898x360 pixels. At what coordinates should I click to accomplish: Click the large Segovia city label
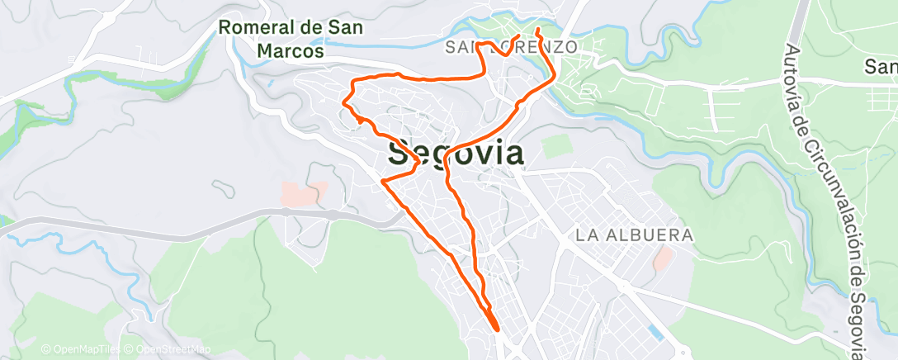click(455, 154)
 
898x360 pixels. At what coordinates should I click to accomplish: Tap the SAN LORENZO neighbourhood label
click(510, 47)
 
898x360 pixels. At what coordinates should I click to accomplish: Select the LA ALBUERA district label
click(634, 236)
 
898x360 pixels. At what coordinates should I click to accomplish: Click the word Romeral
click(258, 28)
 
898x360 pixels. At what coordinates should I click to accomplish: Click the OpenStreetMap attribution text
click(168, 349)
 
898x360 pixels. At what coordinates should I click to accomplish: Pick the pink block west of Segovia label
click(300, 195)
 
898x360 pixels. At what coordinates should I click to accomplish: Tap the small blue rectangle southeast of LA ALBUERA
click(655, 333)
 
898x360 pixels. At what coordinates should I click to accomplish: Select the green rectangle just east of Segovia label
click(556, 145)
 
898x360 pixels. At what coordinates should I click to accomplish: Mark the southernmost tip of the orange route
click(498, 329)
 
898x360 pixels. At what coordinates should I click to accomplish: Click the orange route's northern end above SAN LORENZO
click(538, 31)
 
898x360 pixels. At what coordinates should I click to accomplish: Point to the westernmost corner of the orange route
click(343, 102)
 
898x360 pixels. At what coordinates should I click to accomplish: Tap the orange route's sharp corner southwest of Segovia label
click(382, 181)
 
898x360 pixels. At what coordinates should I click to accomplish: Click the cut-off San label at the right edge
click(881, 66)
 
